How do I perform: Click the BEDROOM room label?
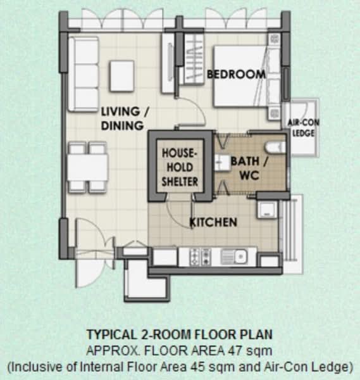pos(236,74)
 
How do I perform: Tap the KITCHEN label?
pos(213,222)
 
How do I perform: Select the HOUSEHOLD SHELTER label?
pos(180,167)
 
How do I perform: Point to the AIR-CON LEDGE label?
pos(303,128)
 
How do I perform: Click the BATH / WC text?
pos(249,168)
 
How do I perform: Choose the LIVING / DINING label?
pos(125,118)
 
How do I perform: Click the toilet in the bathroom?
pos(275,148)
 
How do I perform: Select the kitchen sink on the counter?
pos(234,256)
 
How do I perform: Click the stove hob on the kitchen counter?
pos(201,256)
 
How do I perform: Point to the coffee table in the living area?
pos(121,76)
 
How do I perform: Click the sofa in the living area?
pos(84,74)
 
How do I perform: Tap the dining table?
pos(88,167)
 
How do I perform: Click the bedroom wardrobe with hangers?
pos(194,59)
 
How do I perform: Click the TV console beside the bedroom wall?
pos(168,63)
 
